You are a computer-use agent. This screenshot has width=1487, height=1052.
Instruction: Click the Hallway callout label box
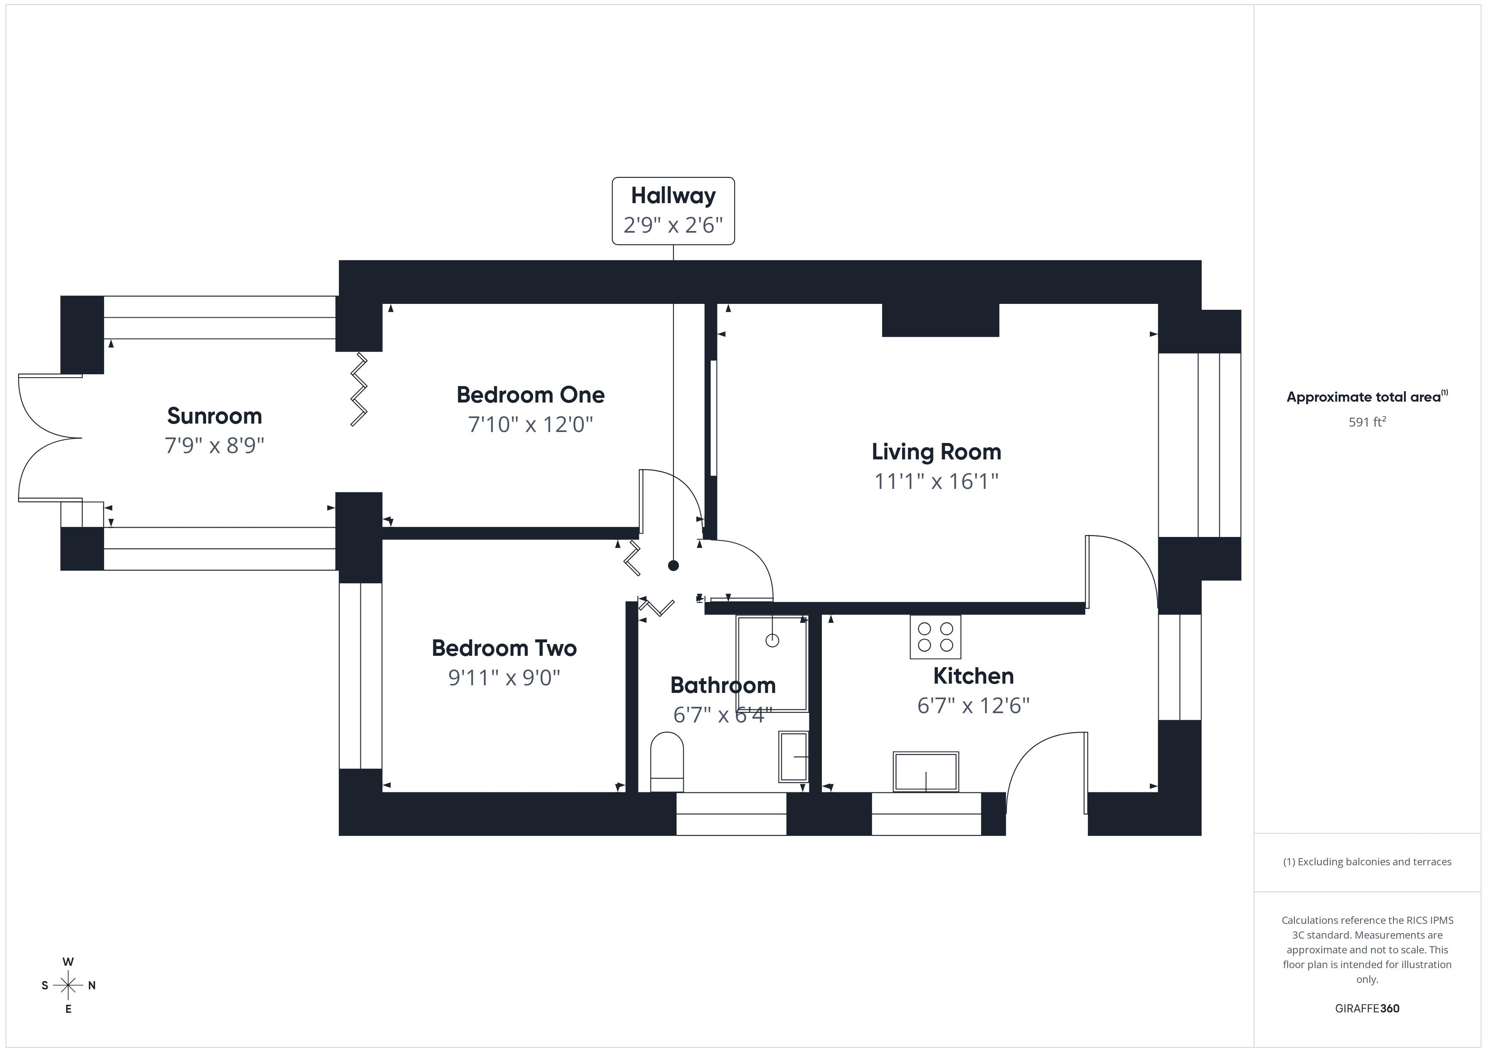tap(673, 211)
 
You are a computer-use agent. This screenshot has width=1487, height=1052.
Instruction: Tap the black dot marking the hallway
tap(673, 566)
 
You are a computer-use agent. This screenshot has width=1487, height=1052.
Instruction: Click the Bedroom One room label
tap(530, 394)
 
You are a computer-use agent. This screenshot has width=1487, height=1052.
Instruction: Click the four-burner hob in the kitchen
tap(935, 637)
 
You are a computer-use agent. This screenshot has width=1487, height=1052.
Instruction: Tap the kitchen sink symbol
tap(926, 772)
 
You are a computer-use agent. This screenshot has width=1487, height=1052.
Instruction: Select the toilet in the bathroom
tap(666, 761)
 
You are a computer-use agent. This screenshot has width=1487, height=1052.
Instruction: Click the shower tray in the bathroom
tap(771, 663)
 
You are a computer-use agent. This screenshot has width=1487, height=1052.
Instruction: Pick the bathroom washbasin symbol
tap(793, 757)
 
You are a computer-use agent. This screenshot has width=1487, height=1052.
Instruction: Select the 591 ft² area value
tap(1366, 422)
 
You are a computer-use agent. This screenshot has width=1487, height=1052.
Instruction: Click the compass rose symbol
tap(68, 985)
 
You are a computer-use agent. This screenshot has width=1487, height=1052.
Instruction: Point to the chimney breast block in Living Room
tap(940, 320)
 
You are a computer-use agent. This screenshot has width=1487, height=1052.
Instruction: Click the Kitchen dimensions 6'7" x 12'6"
tap(973, 706)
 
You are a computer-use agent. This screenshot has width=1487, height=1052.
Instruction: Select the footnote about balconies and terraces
tap(1366, 861)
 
